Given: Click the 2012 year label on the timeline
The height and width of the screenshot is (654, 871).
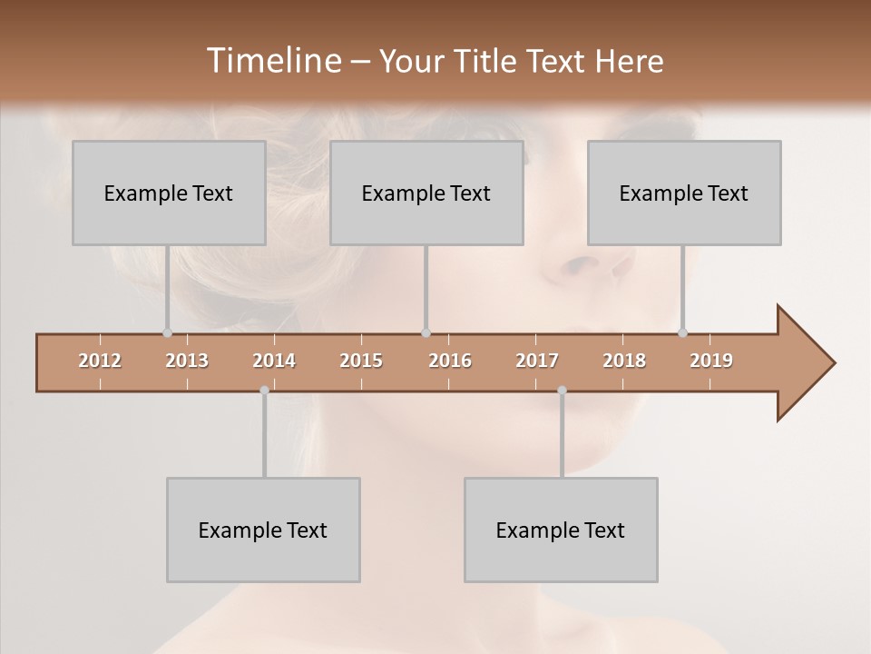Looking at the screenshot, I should (x=100, y=361).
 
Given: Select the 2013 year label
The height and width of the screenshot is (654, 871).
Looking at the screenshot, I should (x=187, y=361).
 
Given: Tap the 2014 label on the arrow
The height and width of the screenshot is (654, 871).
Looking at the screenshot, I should (x=274, y=361).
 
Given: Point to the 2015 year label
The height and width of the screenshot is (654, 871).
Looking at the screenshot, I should (x=361, y=361).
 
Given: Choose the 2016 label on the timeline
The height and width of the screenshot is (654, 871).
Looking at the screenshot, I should (x=450, y=361).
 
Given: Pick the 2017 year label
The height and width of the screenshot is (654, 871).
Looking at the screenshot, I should (x=537, y=361).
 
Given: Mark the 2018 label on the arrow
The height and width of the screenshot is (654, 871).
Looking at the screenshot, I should (x=624, y=361).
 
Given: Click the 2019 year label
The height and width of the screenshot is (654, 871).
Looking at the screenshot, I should (x=711, y=361).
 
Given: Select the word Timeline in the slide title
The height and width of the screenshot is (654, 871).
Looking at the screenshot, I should (x=272, y=61).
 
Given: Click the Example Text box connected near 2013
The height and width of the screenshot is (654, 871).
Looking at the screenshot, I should (x=169, y=193).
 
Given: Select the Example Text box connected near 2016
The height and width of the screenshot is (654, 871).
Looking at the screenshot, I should (x=426, y=193).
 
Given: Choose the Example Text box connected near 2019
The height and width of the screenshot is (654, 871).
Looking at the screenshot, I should (x=684, y=193).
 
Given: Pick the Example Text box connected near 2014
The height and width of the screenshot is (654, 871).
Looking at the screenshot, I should (x=263, y=530).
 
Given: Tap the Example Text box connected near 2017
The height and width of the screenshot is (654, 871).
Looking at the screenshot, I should (x=561, y=530).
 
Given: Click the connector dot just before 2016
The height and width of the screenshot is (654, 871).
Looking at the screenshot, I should (x=426, y=333).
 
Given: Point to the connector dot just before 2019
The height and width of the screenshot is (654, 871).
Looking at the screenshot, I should (x=682, y=333).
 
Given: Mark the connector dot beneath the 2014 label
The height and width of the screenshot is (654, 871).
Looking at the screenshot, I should (x=264, y=391).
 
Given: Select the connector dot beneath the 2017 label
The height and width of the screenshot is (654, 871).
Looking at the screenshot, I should (x=562, y=391).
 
